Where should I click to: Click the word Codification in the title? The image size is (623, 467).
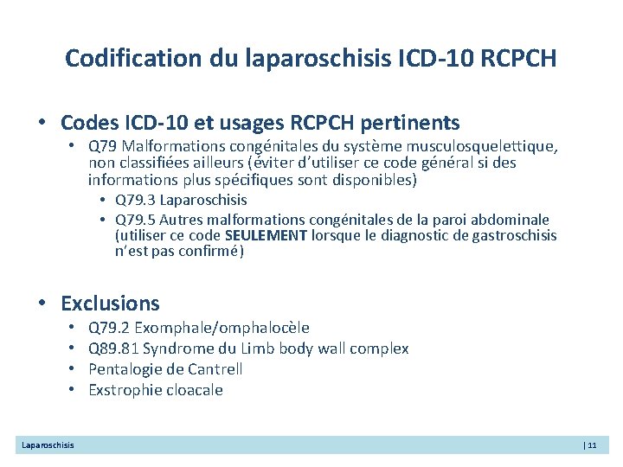133,58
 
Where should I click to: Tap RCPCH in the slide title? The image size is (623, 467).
518,58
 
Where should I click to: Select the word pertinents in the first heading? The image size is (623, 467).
409,123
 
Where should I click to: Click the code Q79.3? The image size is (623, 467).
135,200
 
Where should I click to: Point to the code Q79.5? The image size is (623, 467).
135,220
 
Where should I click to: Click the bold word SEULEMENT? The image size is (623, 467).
266,235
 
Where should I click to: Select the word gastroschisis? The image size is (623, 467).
514,236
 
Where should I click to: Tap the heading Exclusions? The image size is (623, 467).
110,304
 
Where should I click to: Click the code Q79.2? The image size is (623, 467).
109,328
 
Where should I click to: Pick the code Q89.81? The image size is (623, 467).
113,349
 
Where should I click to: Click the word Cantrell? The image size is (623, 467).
215,369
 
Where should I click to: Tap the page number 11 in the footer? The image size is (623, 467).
592,445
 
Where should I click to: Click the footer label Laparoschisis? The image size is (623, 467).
48,445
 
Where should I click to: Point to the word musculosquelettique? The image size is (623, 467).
482,147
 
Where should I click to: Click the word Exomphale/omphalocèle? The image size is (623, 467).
222,328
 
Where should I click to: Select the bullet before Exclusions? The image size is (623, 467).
42,304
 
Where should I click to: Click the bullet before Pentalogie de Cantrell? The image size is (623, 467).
72,368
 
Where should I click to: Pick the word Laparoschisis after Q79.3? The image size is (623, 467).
203,200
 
